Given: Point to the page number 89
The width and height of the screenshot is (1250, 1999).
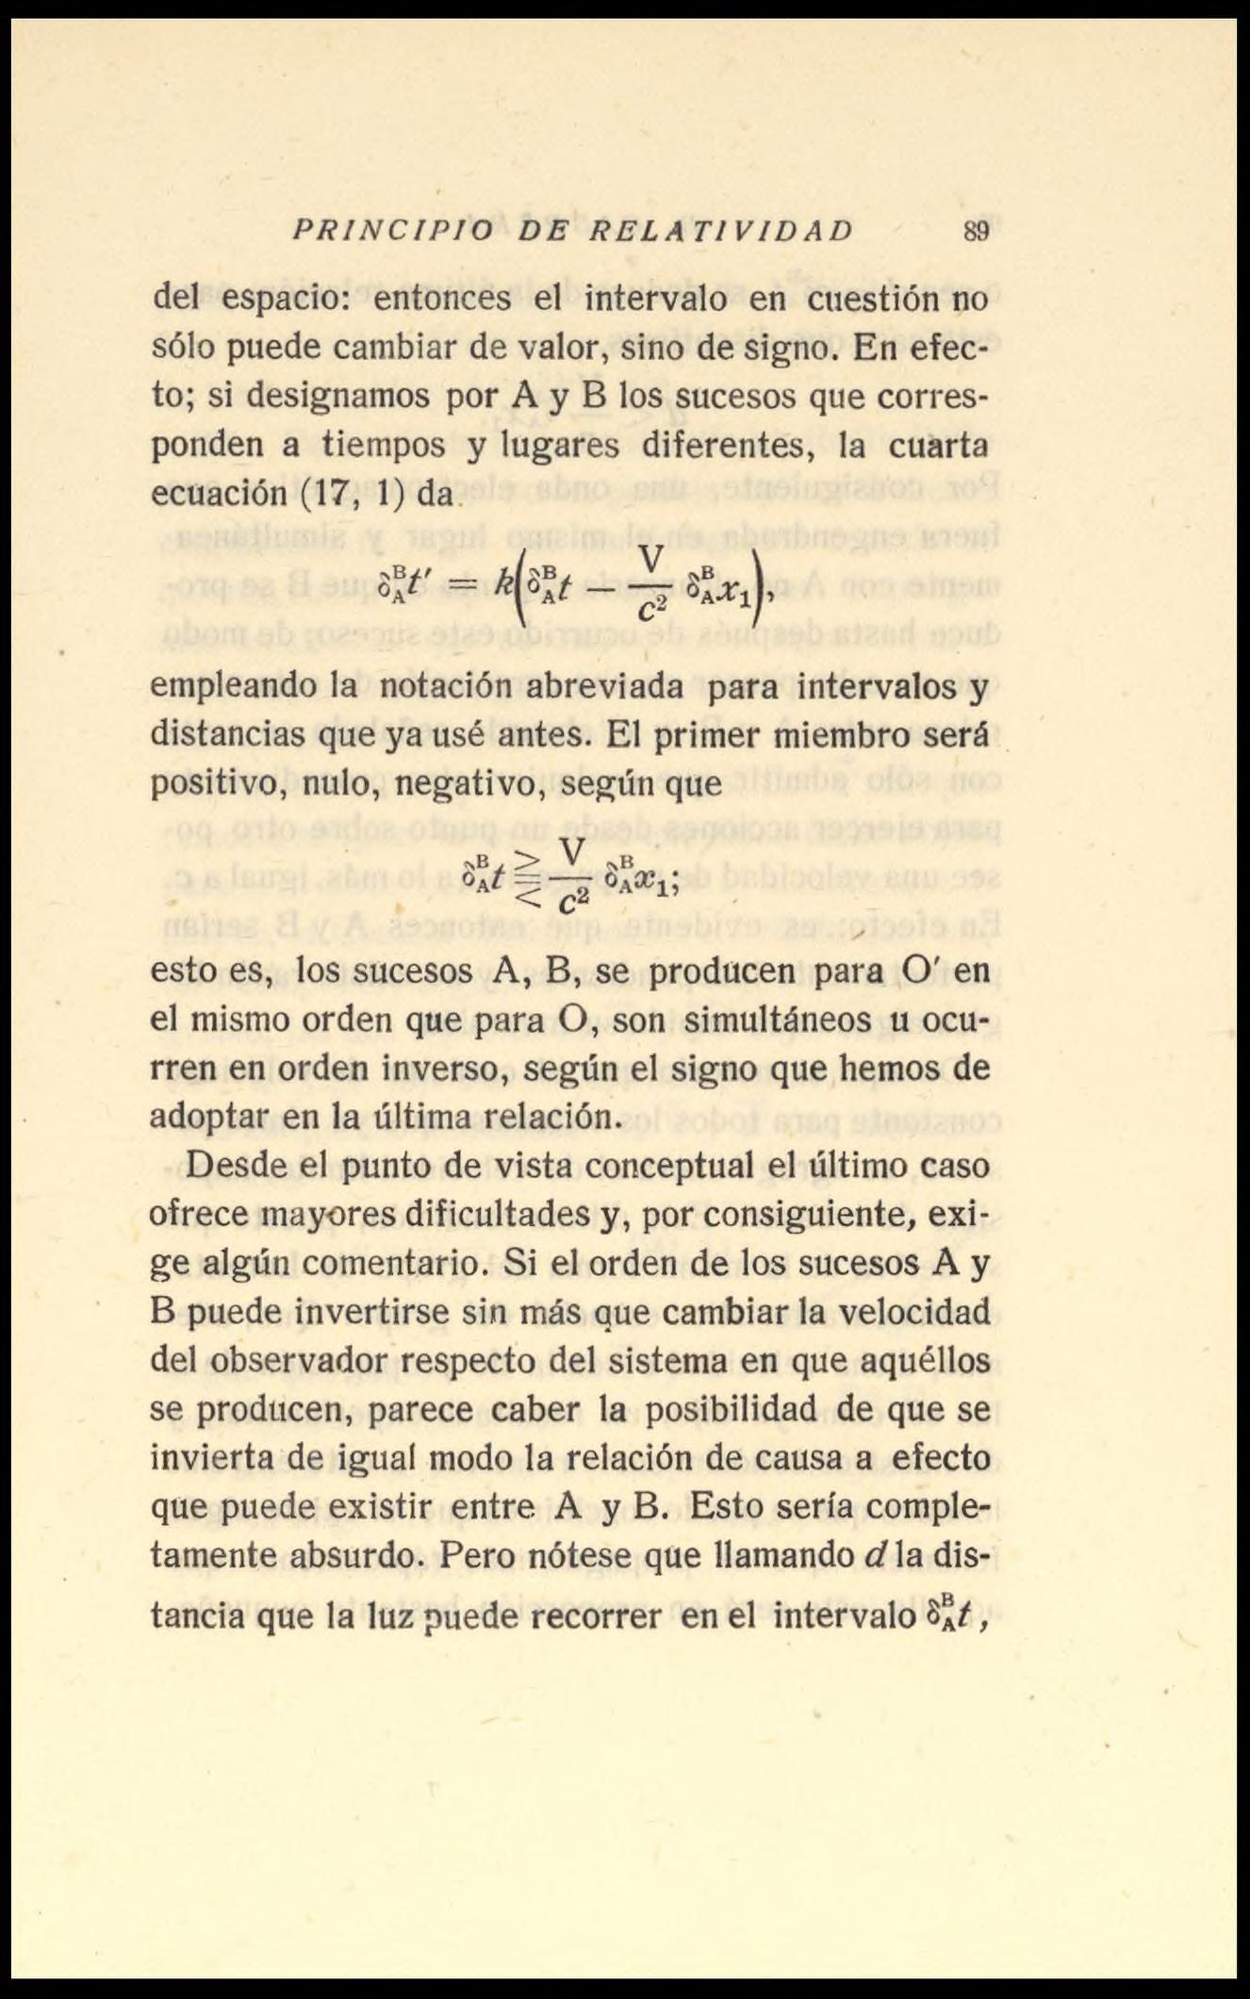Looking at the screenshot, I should pos(976,231).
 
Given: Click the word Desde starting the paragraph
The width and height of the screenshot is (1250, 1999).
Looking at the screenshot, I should pos(231,1166).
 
